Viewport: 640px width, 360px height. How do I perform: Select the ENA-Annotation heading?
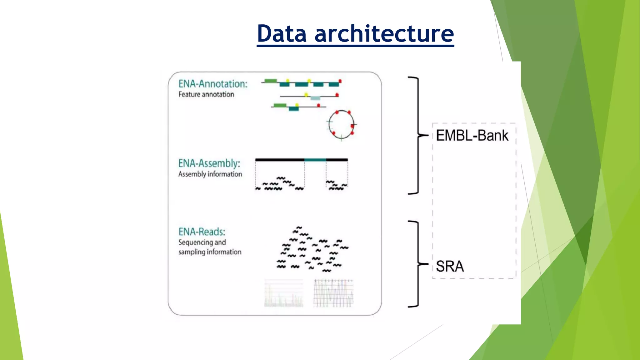coord(213,84)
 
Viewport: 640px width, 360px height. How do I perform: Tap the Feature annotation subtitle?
coord(206,94)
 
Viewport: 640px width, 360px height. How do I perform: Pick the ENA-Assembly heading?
coord(209,163)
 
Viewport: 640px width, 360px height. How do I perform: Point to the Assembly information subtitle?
coord(210,174)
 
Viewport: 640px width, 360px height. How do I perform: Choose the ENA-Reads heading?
coord(202,232)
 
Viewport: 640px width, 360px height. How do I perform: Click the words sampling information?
coord(210,252)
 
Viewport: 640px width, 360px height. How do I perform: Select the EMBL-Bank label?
coord(472,136)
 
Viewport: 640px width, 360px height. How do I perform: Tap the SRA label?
coord(450,267)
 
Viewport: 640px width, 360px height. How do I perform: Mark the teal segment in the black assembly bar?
coord(315,160)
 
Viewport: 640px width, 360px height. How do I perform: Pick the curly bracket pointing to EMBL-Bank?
coord(417,135)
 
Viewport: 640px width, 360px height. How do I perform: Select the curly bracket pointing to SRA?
coord(417,264)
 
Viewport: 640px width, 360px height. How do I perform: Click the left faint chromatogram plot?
coord(284,294)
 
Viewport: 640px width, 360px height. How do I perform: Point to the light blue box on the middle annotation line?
coord(315,98)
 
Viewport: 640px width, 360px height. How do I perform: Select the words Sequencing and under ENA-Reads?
coord(202,242)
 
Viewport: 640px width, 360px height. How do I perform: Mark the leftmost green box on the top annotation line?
coord(270,81)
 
